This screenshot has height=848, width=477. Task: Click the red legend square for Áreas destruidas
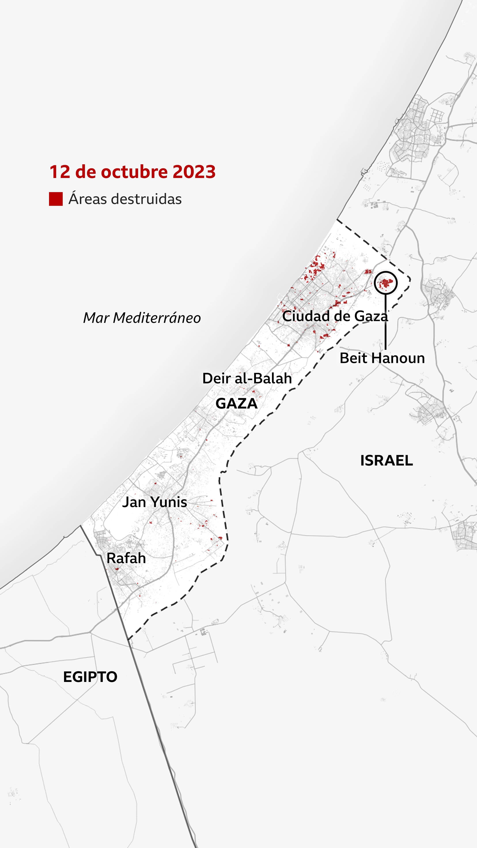56,199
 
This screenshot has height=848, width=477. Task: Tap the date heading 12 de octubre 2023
132,172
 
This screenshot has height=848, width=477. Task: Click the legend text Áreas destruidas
125,199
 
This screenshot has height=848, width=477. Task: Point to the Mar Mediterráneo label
142,318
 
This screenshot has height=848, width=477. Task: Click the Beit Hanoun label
382,358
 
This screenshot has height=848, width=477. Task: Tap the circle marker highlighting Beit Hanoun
386,282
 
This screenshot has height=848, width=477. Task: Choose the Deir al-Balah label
247,379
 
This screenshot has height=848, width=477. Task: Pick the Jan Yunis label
154,502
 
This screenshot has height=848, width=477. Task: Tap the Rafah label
126,558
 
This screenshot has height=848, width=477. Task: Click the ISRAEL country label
386,460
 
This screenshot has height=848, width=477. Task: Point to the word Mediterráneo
157,318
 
